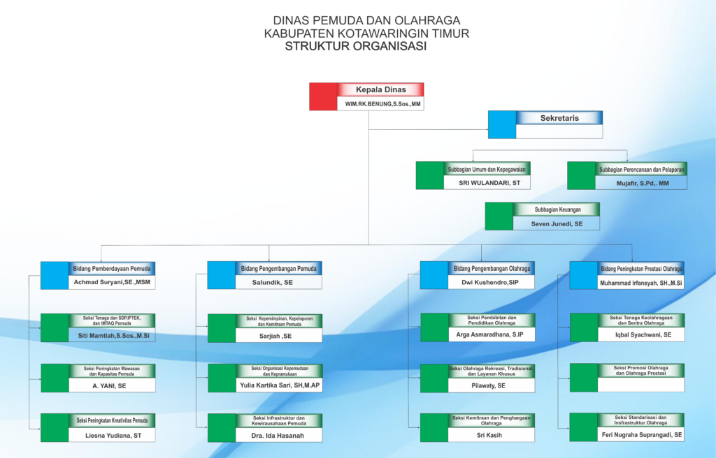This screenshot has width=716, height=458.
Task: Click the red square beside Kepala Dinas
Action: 323,96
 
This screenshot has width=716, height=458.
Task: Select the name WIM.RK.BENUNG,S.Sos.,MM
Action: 382,103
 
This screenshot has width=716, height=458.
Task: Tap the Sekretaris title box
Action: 559,118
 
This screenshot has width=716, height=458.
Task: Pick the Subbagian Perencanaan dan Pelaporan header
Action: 641,169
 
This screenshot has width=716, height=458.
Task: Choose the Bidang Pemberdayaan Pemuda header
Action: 112,269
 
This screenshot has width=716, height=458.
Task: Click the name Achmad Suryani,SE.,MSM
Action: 112,283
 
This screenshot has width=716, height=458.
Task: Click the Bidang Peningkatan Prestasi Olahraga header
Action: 640,269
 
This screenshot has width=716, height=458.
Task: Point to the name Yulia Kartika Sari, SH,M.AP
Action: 279,385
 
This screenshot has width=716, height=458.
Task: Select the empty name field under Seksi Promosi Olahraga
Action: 640,385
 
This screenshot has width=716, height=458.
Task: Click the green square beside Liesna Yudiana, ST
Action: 55,427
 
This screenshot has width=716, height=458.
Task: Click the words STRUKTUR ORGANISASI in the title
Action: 357,47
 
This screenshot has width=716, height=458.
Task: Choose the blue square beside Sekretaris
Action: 501,124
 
